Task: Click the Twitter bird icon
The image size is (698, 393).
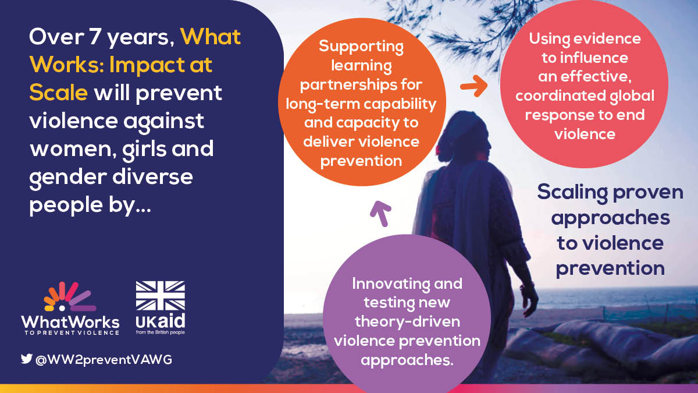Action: pyautogui.click(x=27, y=359)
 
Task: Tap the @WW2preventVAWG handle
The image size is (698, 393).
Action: pyautogui.click(x=104, y=360)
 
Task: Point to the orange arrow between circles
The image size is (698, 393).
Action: pyautogui.click(x=475, y=87)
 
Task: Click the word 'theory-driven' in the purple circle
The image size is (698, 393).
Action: pyautogui.click(x=407, y=322)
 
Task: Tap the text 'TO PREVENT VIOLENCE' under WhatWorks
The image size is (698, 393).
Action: pyautogui.click(x=70, y=333)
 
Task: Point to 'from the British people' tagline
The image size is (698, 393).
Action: pyautogui.click(x=160, y=332)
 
